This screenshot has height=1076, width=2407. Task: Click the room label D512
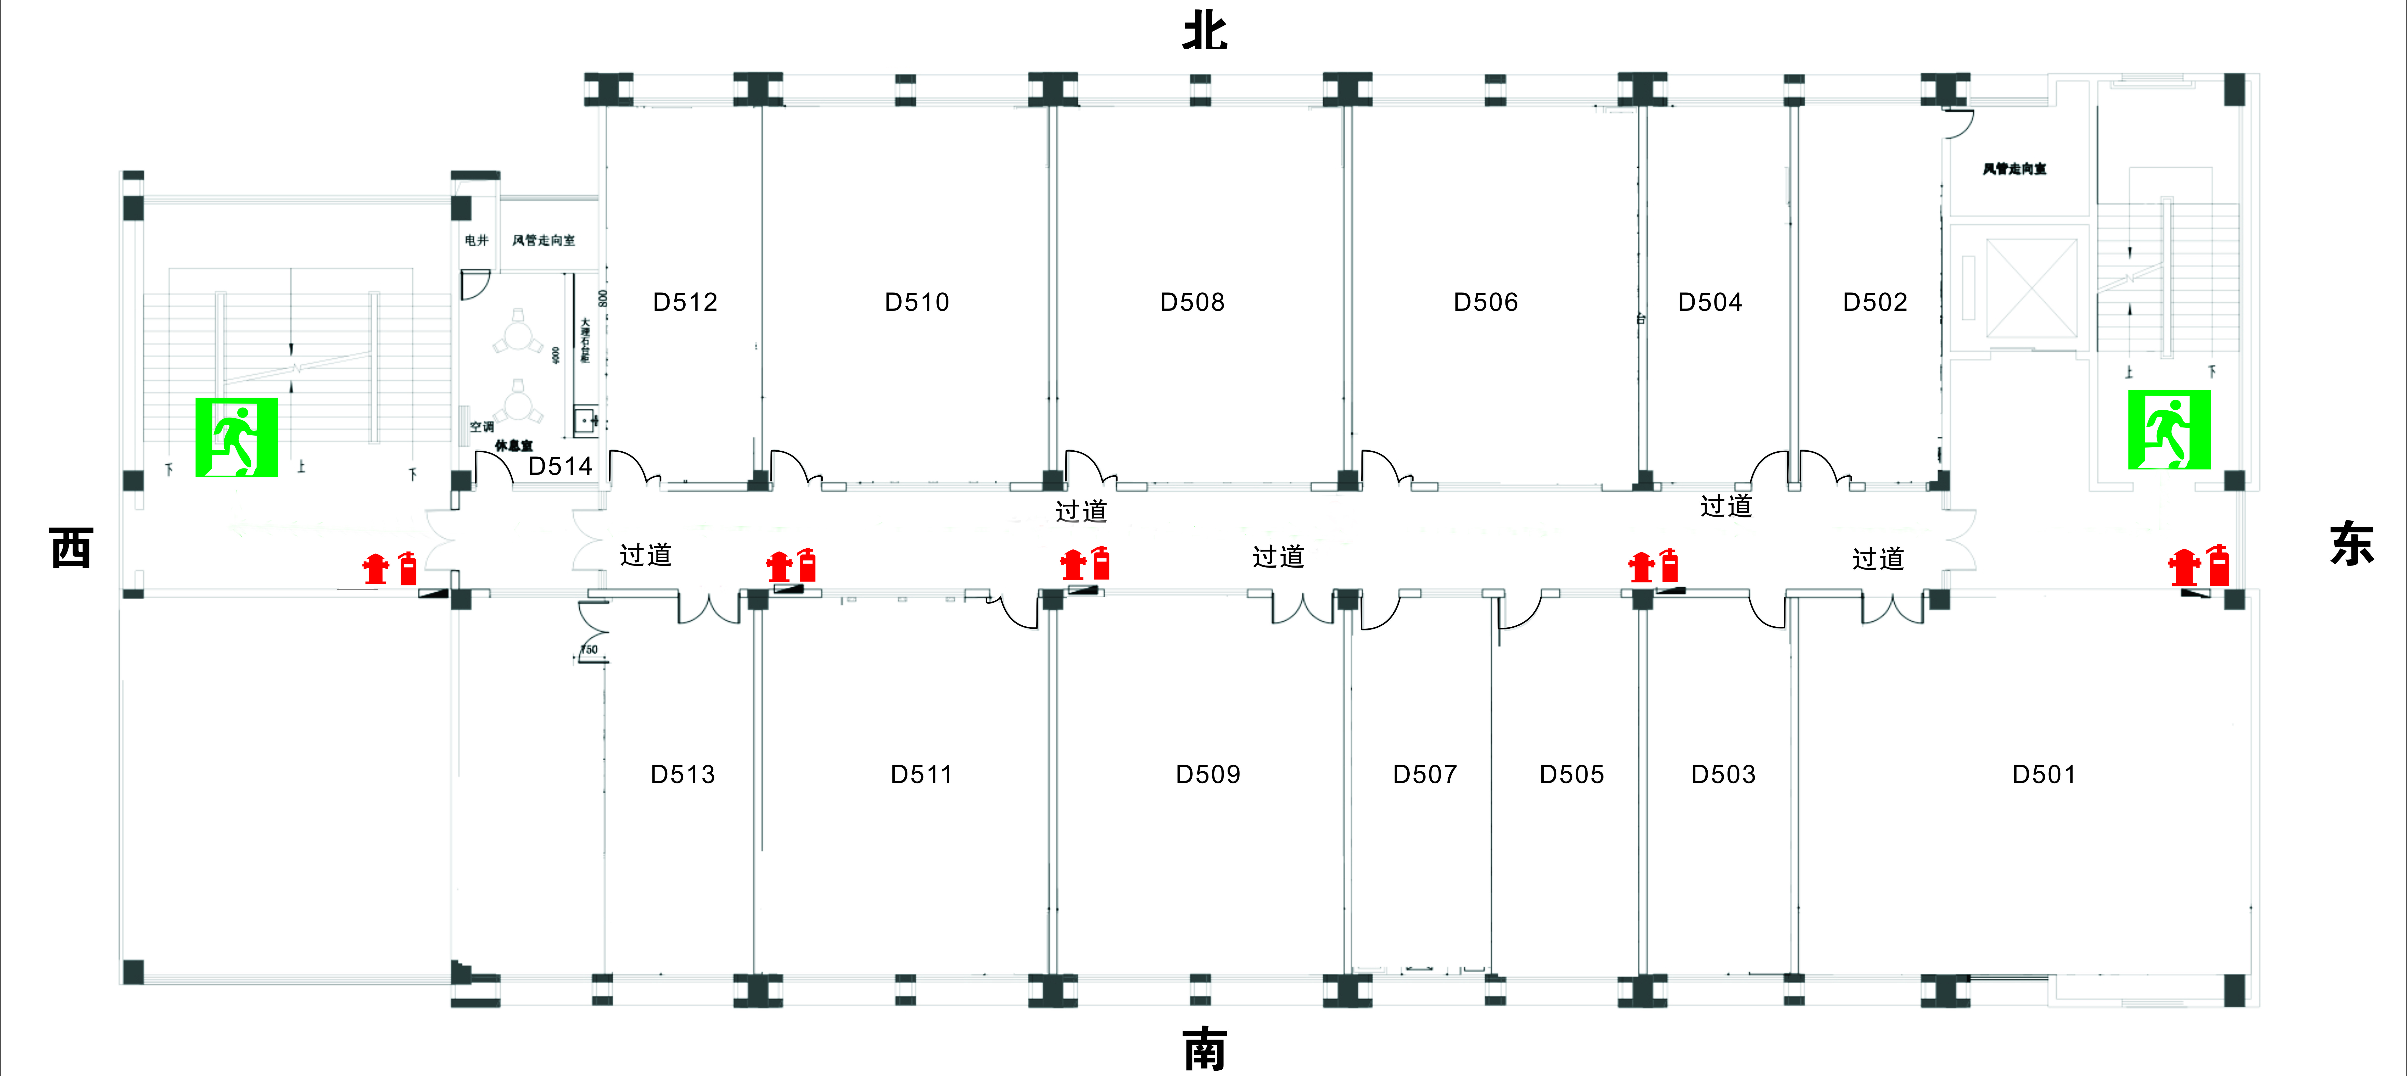[x=685, y=302]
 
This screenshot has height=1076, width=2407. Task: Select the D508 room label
[x=1191, y=302]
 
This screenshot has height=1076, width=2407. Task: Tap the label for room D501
[x=2044, y=774]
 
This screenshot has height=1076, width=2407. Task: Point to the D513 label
[x=682, y=774]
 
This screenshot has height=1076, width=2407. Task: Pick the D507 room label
[x=1424, y=774]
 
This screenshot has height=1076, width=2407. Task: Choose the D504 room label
[x=1709, y=302]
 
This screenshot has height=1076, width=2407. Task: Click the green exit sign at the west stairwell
[x=236, y=437]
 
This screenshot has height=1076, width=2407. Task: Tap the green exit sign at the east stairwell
[x=2169, y=429]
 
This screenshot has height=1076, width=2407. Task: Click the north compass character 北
[x=1204, y=31]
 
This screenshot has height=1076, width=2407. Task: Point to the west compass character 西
[x=71, y=548]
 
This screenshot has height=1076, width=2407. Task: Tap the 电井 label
[x=477, y=240]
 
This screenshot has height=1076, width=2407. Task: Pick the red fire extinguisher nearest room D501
[x=2218, y=566]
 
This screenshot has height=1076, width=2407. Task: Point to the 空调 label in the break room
[x=481, y=426]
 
